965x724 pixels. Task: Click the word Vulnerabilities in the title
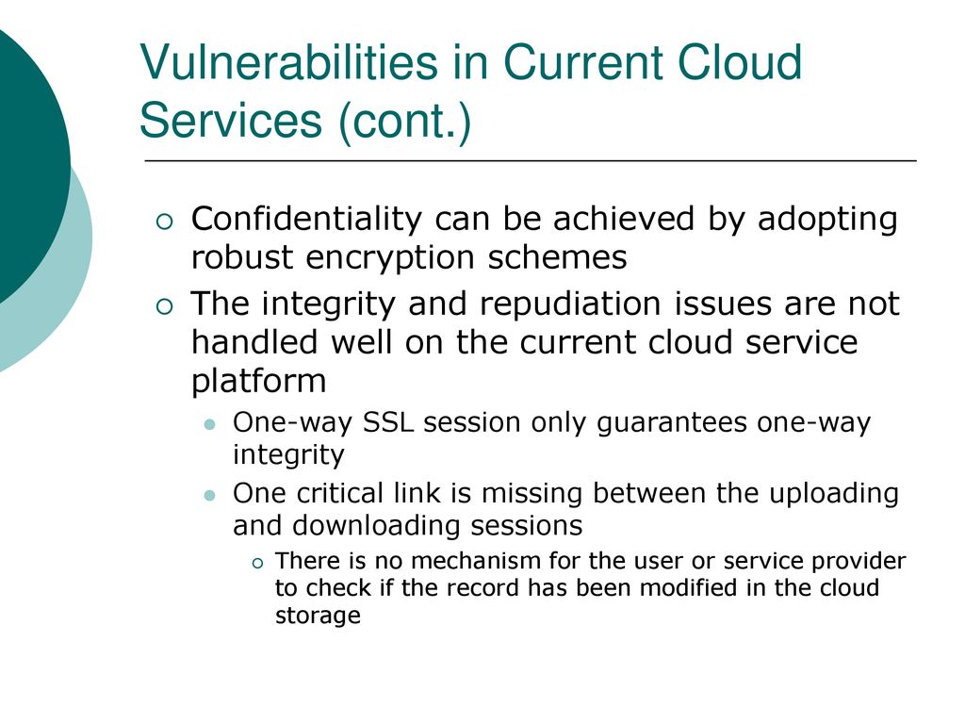point(288,62)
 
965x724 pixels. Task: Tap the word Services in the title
point(231,120)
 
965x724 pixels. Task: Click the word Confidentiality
point(306,219)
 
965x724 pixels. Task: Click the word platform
point(258,382)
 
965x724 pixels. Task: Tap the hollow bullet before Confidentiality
point(165,222)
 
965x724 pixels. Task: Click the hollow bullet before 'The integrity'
point(165,306)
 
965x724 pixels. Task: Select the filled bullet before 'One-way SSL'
point(210,424)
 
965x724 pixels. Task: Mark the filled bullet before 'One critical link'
point(210,496)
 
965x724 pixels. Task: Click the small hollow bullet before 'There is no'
point(257,563)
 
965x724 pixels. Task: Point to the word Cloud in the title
point(740,62)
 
